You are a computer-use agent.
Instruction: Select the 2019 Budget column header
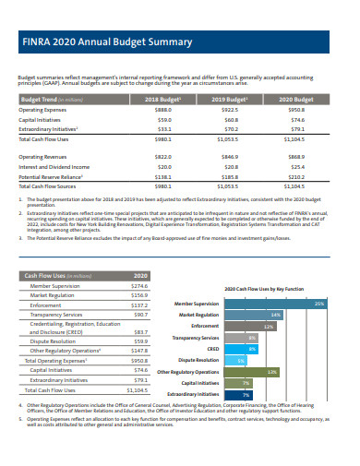(231, 98)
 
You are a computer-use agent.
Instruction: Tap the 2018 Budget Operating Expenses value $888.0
(165, 109)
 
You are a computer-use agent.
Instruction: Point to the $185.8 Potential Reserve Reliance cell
(231, 177)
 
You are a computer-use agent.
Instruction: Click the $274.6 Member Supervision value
(139, 286)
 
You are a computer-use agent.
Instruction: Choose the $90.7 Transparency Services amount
(139, 314)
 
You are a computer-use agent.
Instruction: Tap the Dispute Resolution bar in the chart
(239, 360)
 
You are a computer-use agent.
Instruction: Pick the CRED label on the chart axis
(211, 349)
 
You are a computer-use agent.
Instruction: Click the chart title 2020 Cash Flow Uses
(263, 288)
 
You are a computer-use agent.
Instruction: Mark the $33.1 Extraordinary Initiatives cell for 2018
(165, 129)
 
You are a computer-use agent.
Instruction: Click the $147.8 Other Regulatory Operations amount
(139, 351)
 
